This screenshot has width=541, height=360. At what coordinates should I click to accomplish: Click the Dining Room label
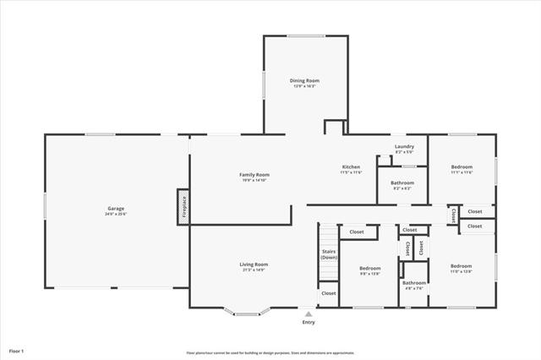(306, 80)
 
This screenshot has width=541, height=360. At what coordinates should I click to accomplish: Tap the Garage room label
(116, 208)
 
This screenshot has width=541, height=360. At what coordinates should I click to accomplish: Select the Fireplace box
(183, 207)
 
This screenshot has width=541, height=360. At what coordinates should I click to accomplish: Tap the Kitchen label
(352, 166)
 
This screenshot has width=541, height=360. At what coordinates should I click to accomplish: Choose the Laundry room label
(404, 146)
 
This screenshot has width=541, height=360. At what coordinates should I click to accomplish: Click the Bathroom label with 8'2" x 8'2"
(402, 183)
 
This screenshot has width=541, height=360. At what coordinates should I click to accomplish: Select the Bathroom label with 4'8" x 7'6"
(413, 283)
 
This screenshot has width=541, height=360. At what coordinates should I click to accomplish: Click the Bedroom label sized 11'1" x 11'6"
(462, 166)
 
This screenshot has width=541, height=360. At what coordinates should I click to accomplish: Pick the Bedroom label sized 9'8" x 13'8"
(371, 268)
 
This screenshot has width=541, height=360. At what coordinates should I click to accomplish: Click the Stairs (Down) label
(329, 254)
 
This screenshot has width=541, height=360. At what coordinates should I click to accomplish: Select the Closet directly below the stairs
(328, 293)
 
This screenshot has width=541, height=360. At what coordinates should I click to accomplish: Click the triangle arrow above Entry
(309, 314)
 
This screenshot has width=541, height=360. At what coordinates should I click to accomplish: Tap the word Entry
(309, 322)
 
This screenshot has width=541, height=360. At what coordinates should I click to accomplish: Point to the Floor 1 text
(17, 350)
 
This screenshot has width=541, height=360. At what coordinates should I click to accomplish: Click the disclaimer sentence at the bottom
(270, 352)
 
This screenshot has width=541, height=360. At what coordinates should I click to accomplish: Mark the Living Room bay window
(247, 314)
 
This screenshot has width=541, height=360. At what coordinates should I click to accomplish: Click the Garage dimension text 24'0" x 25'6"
(116, 214)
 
